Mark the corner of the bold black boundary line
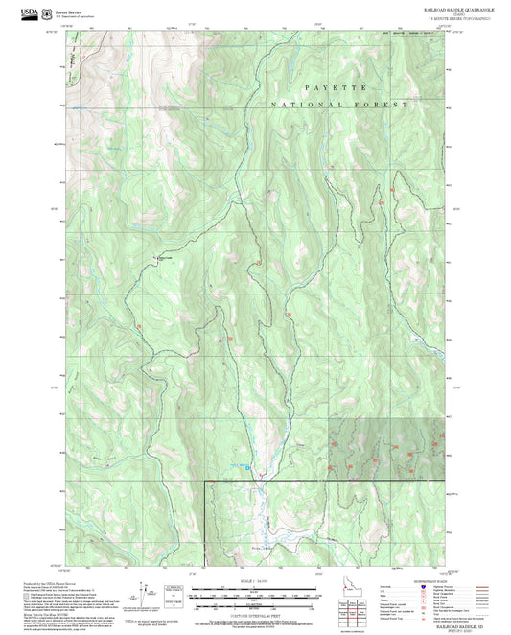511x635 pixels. tap(206, 480)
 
